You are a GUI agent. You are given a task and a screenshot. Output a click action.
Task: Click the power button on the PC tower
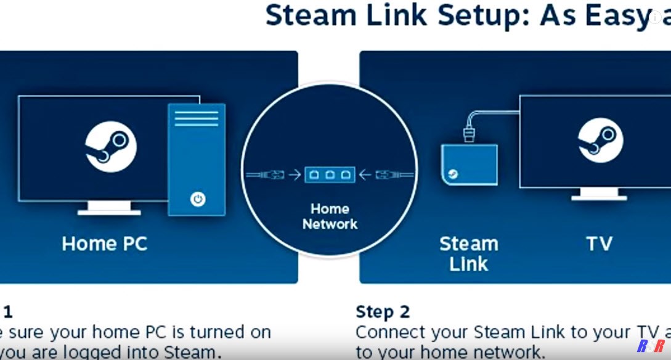pyautogui.click(x=197, y=199)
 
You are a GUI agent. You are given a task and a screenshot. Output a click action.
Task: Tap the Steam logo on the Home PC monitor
pyautogui.click(x=111, y=147)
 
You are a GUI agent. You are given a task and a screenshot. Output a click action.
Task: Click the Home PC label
pyautogui.click(x=105, y=243)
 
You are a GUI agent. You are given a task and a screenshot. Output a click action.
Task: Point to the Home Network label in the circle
pyautogui.click(x=330, y=216)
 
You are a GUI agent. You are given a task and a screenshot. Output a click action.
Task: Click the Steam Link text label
pyautogui.click(x=468, y=253)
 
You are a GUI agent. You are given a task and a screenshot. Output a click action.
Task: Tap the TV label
pyautogui.click(x=599, y=243)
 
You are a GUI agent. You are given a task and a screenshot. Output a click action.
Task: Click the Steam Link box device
pyautogui.click(x=470, y=164)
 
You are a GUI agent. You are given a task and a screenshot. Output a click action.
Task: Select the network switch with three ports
pyautogui.click(x=329, y=174)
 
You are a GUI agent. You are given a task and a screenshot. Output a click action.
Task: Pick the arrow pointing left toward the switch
pyautogui.click(x=365, y=175)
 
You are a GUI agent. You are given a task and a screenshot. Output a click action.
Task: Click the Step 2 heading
pyautogui.click(x=383, y=311)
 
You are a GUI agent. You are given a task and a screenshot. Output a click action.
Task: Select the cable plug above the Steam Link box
pyautogui.click(x=470, y=133)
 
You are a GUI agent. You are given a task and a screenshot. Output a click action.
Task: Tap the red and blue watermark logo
pyautogui.click(x=650, y=346)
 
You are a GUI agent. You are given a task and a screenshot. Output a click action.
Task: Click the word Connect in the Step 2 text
pyautogui.click(x=391, y=332)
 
